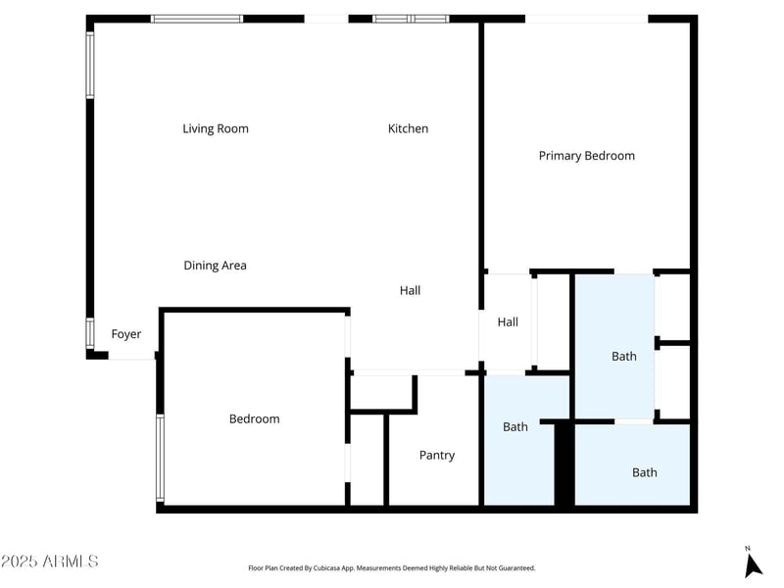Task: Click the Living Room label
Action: pos(215,128)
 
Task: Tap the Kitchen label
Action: pos(408,128)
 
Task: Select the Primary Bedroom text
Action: pos(586,156)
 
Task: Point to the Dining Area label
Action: pos(215,266)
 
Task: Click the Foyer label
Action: pos(125,334)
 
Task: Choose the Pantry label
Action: pos(436,456)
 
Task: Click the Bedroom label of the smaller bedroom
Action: pos(254,419)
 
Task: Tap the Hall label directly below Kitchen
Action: pos(410,291)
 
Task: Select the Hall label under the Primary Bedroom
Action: pos(507,322)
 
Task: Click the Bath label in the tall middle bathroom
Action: pos(624,357)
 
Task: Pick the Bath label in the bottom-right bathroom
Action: pos(644,472)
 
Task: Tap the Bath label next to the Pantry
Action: pos(515,427)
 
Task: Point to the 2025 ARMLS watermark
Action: pos(49,562)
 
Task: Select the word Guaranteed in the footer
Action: pos(516,568)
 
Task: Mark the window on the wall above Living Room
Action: pos(197,19)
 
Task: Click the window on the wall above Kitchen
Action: pos(411,19)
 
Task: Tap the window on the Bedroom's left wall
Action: pos(160,458)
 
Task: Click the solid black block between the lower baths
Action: pos(564,464)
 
